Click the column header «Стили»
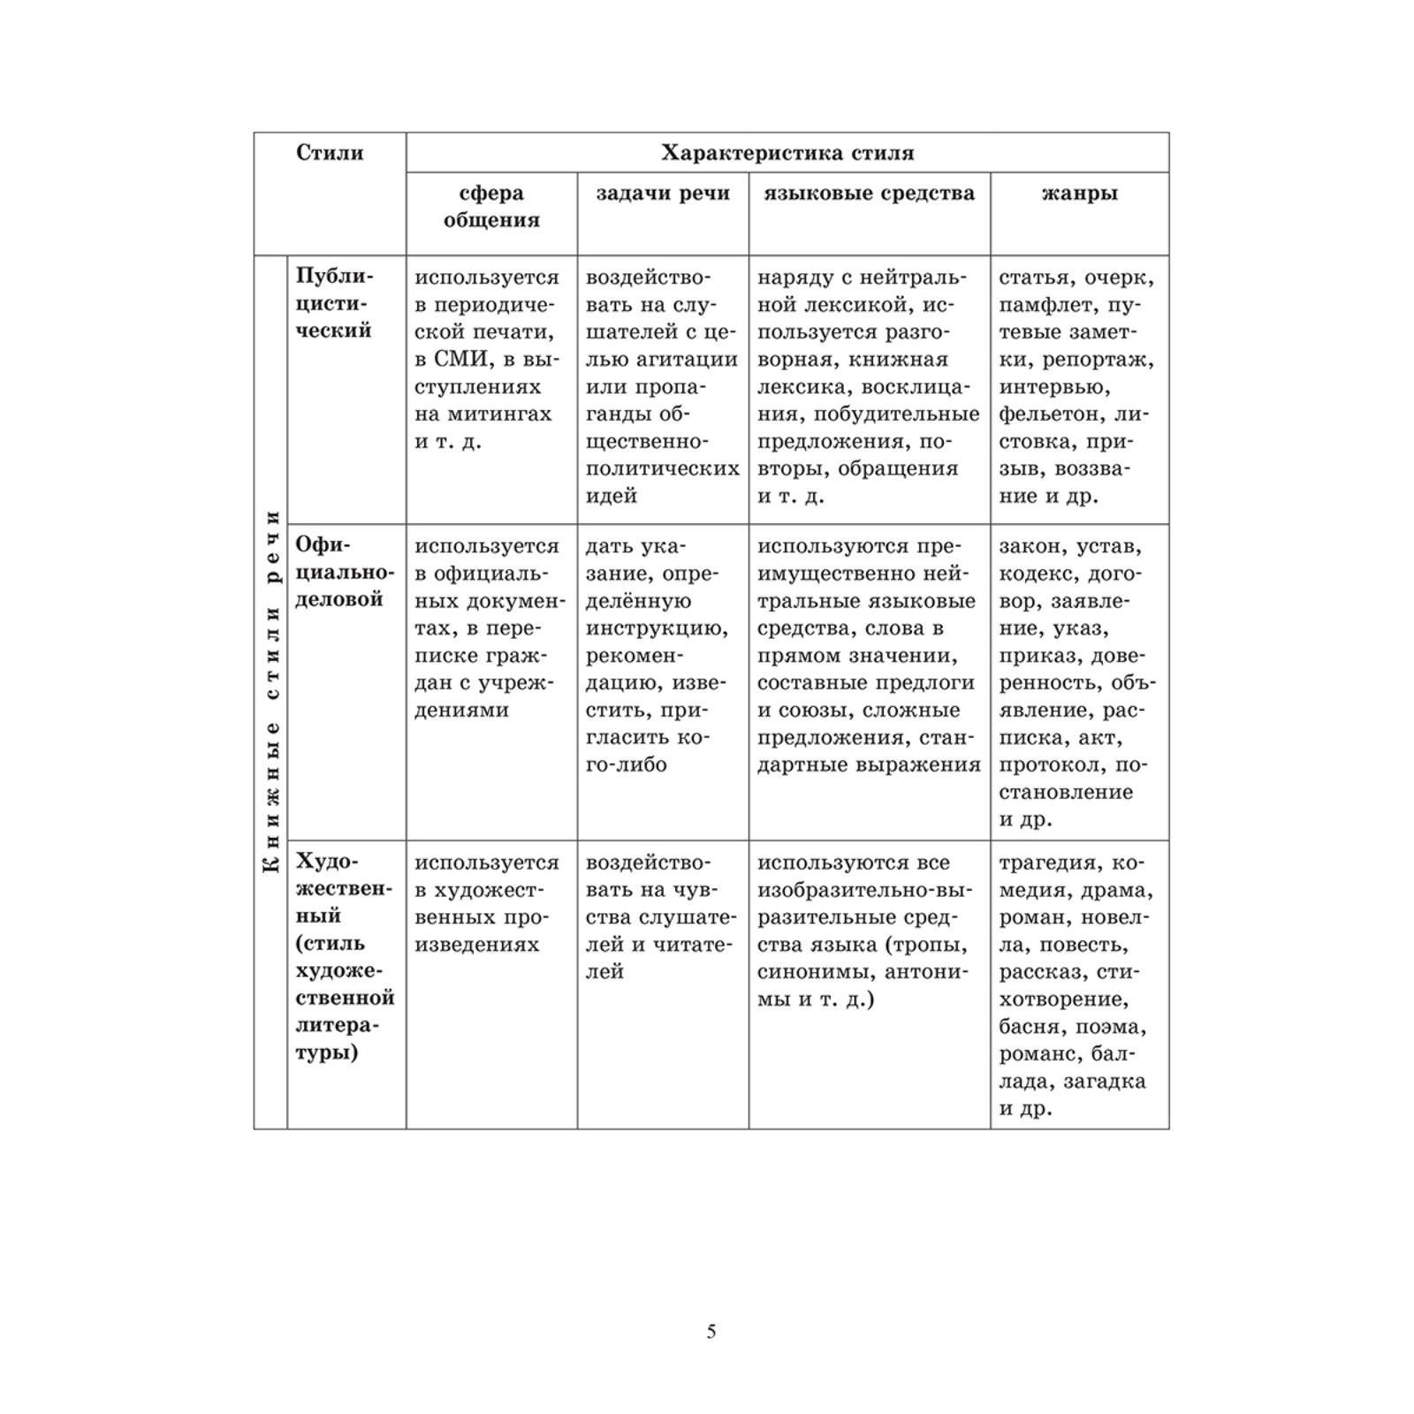pyautogui.click(x=330, y=153)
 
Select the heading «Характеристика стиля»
pyautogui.click(x=787, y=153)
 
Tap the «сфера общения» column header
pyautogui.click(x=491, y=207)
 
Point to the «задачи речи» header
pyautogui.click(x=663, y=194)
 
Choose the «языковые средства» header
pyautogui.click(x=869, y=194)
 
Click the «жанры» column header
pyautogui.click(x=1079, y=194)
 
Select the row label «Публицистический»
pyautogui.click(x=335, y=304)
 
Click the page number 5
pyautogui.click(x=711, y=1332)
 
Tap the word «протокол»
pyautogui.click(x=1051, y=765)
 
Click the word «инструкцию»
pyautogui.click(x=658, y=629)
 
